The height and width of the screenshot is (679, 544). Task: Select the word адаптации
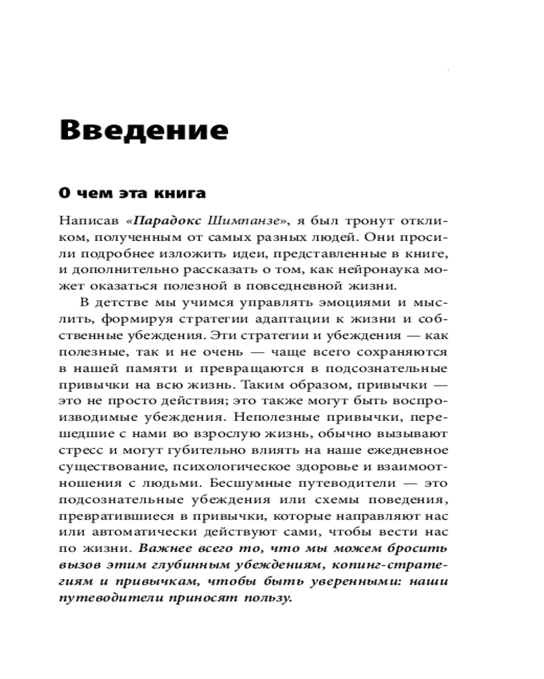pyautogui.click(x=286, y=318)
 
